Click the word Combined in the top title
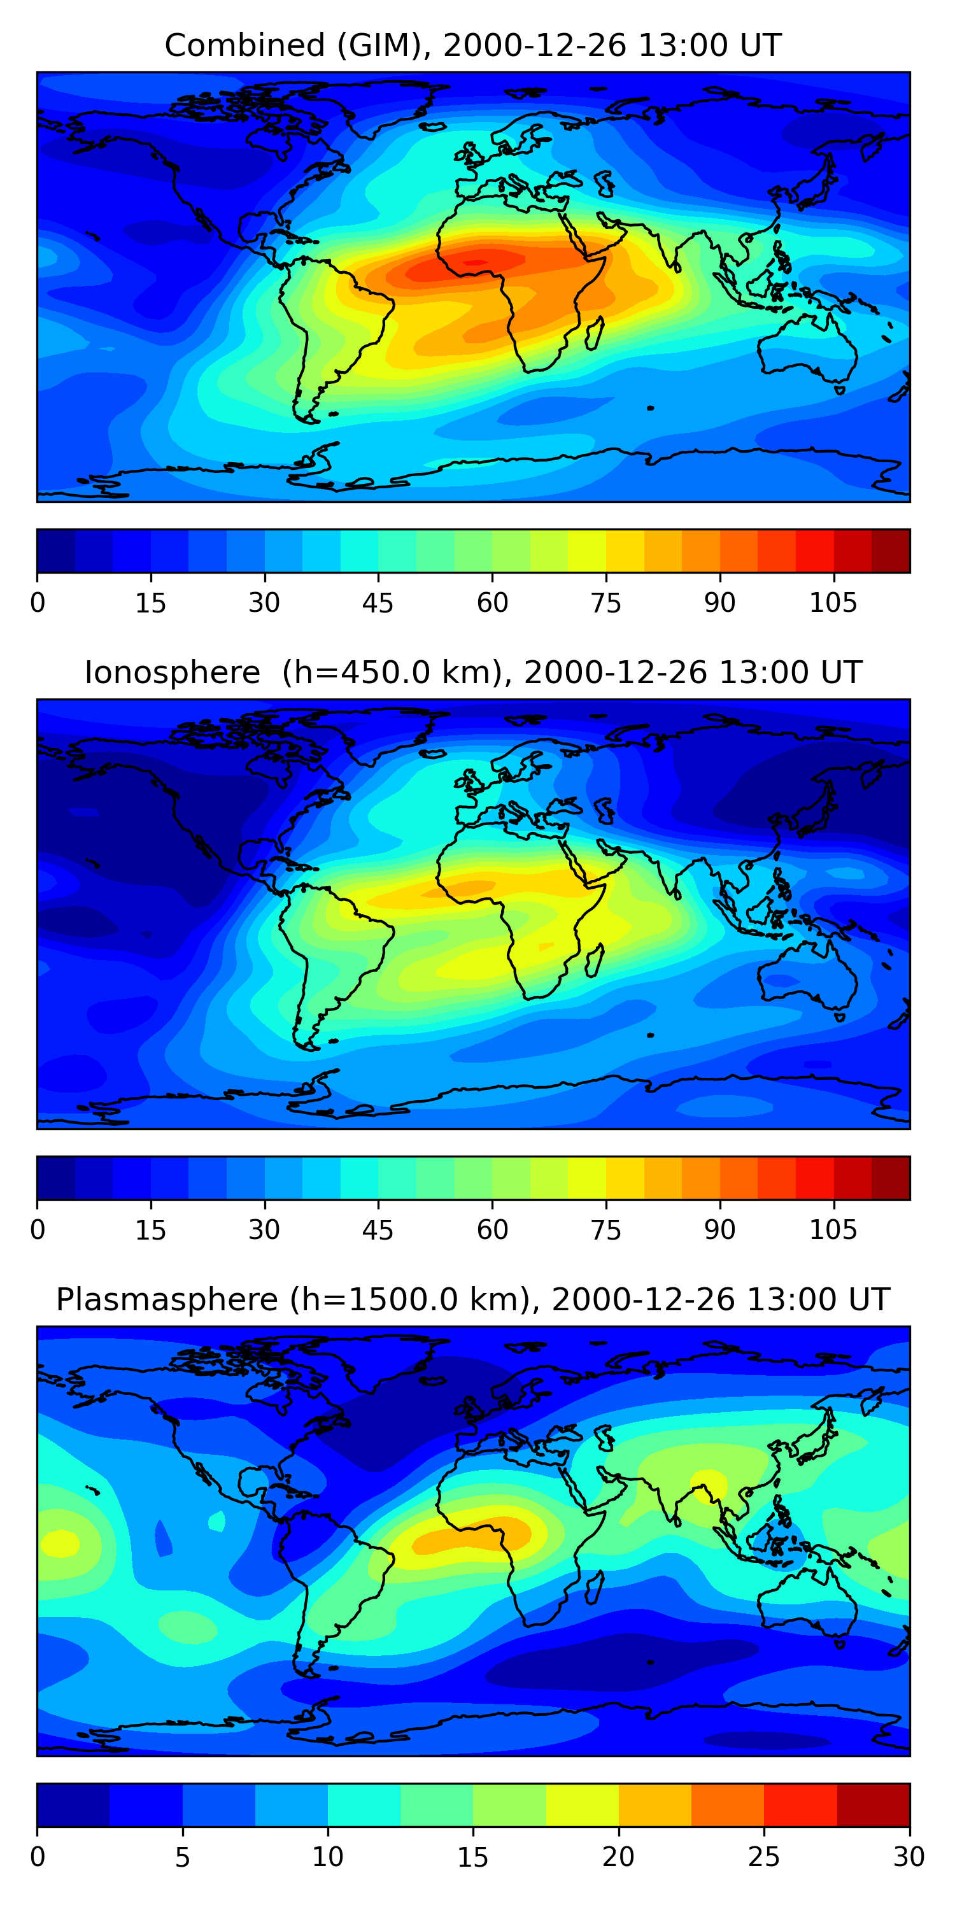[244, 46]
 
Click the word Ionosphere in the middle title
[172, 673]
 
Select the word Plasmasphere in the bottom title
[167, 1300]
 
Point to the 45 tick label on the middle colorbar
[378, 1230]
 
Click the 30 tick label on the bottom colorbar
[909, 1857]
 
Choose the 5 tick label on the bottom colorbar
[182, 1857]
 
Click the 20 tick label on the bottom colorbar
[618, 1857]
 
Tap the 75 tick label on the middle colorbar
[605, 1230]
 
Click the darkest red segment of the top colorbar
[890, 551]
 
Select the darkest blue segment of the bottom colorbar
[73, 1806]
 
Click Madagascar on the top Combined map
[595, 334]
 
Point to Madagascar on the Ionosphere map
[595, 960]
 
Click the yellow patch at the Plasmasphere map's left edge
[59, 1545]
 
